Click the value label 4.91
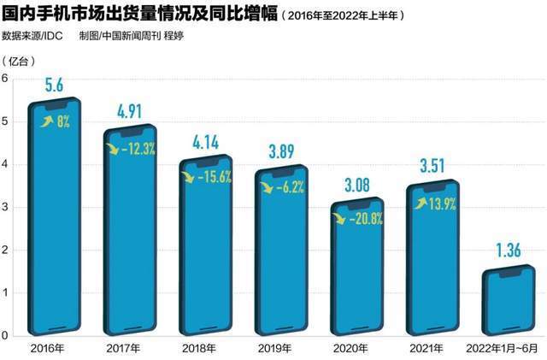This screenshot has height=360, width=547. click(129, 112)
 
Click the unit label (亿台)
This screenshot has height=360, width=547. click(19, 60)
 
